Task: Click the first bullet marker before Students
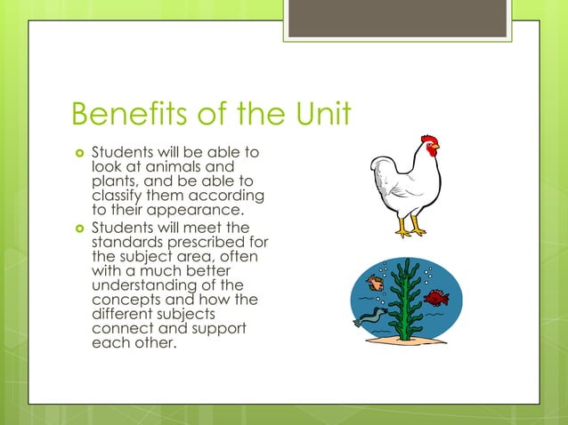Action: pos(77,153)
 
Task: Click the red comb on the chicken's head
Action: pos(430,141)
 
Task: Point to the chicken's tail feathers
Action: pos(381,170)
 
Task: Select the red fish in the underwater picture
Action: pos(436,297)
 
